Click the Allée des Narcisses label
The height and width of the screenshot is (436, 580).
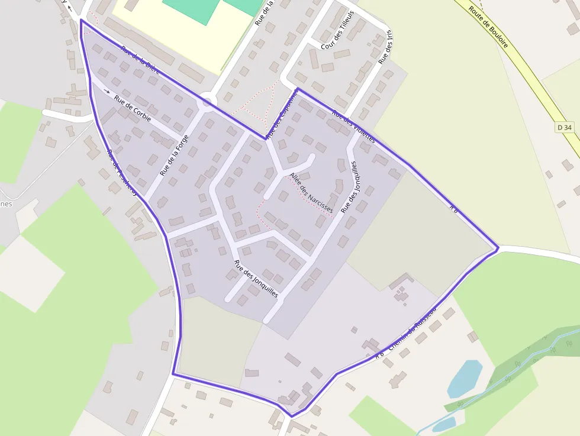tap(311, 193)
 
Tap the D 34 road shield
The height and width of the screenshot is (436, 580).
tap(565, 127)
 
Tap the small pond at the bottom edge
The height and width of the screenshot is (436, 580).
tap(444, 424)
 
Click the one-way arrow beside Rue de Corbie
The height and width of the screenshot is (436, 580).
tap(107, 91)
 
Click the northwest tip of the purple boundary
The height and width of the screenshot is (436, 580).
tap(81, 20)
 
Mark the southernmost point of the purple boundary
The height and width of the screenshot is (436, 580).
tap(291, 416)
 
